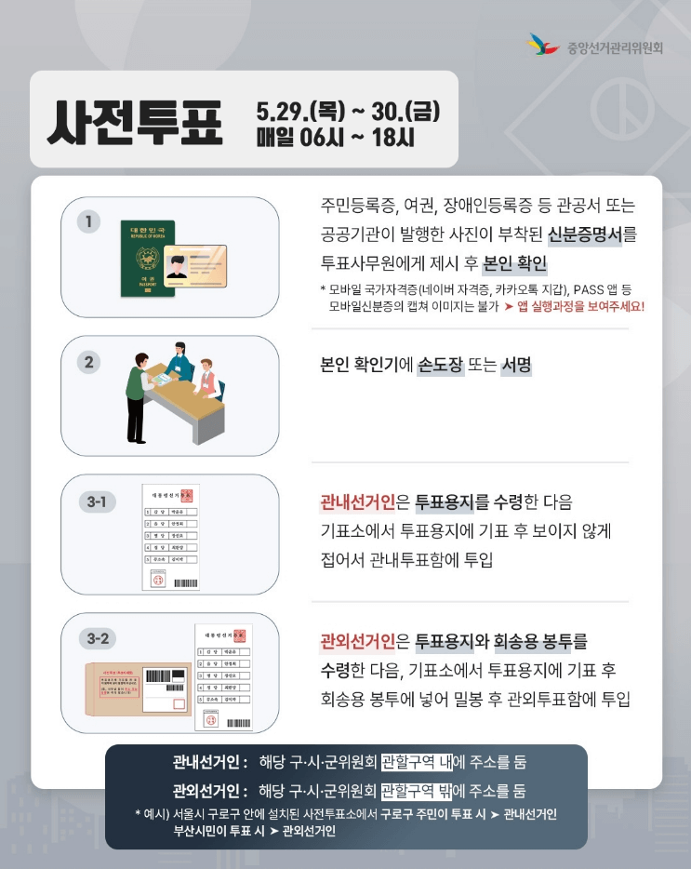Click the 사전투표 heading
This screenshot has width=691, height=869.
click(137, 123)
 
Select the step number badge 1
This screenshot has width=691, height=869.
click(89, 221)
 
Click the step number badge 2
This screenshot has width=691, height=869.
click(89, 361)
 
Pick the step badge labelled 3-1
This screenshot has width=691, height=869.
click(97, 502)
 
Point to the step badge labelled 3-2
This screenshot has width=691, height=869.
click(97, 639)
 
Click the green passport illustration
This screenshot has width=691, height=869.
click(148, 258)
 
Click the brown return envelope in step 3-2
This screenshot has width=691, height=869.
click(138, 689)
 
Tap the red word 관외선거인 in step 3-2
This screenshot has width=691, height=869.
click(357, 641)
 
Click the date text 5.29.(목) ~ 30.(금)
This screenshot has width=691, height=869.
click(347, 113)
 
